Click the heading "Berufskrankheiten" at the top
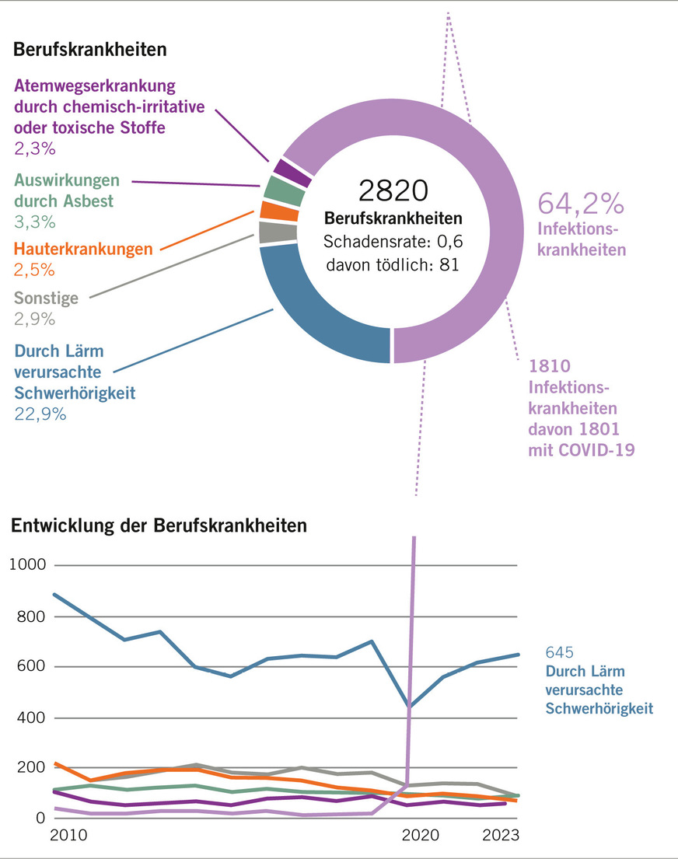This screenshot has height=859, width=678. pyautogui.click(x=90, y=50)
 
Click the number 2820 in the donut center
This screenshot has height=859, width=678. pyautogui.click(x=393, y=190)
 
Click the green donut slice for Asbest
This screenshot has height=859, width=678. pyautogui.click(x=282, y=190)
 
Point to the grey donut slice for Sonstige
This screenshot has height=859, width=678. pyautogui.click(x=277, y=232)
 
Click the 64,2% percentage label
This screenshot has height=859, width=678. pyautogui.click(x=581, y=203)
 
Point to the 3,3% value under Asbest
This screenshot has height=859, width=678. pyautogui.click(x=34, y=222)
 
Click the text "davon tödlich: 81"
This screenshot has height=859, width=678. pyautogui.click(x=393, y=264)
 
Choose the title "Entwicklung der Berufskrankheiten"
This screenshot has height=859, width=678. pyautogui.click(x=159, y=526)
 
